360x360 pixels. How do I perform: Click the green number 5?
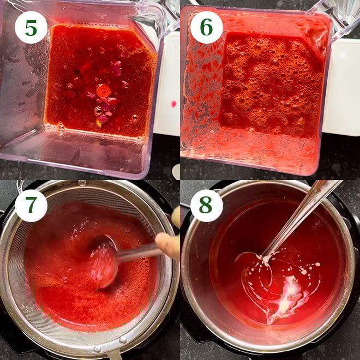point(31,27)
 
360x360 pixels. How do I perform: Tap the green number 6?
point(206,27)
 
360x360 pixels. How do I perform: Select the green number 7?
point(31,206)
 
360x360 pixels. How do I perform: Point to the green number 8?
point(206,206)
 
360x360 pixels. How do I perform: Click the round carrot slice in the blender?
point(103,91)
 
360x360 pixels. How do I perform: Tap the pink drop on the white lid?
point(174,103)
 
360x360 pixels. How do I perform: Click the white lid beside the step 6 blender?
point(341,87)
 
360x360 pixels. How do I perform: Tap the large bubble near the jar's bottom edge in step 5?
point(61,127)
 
